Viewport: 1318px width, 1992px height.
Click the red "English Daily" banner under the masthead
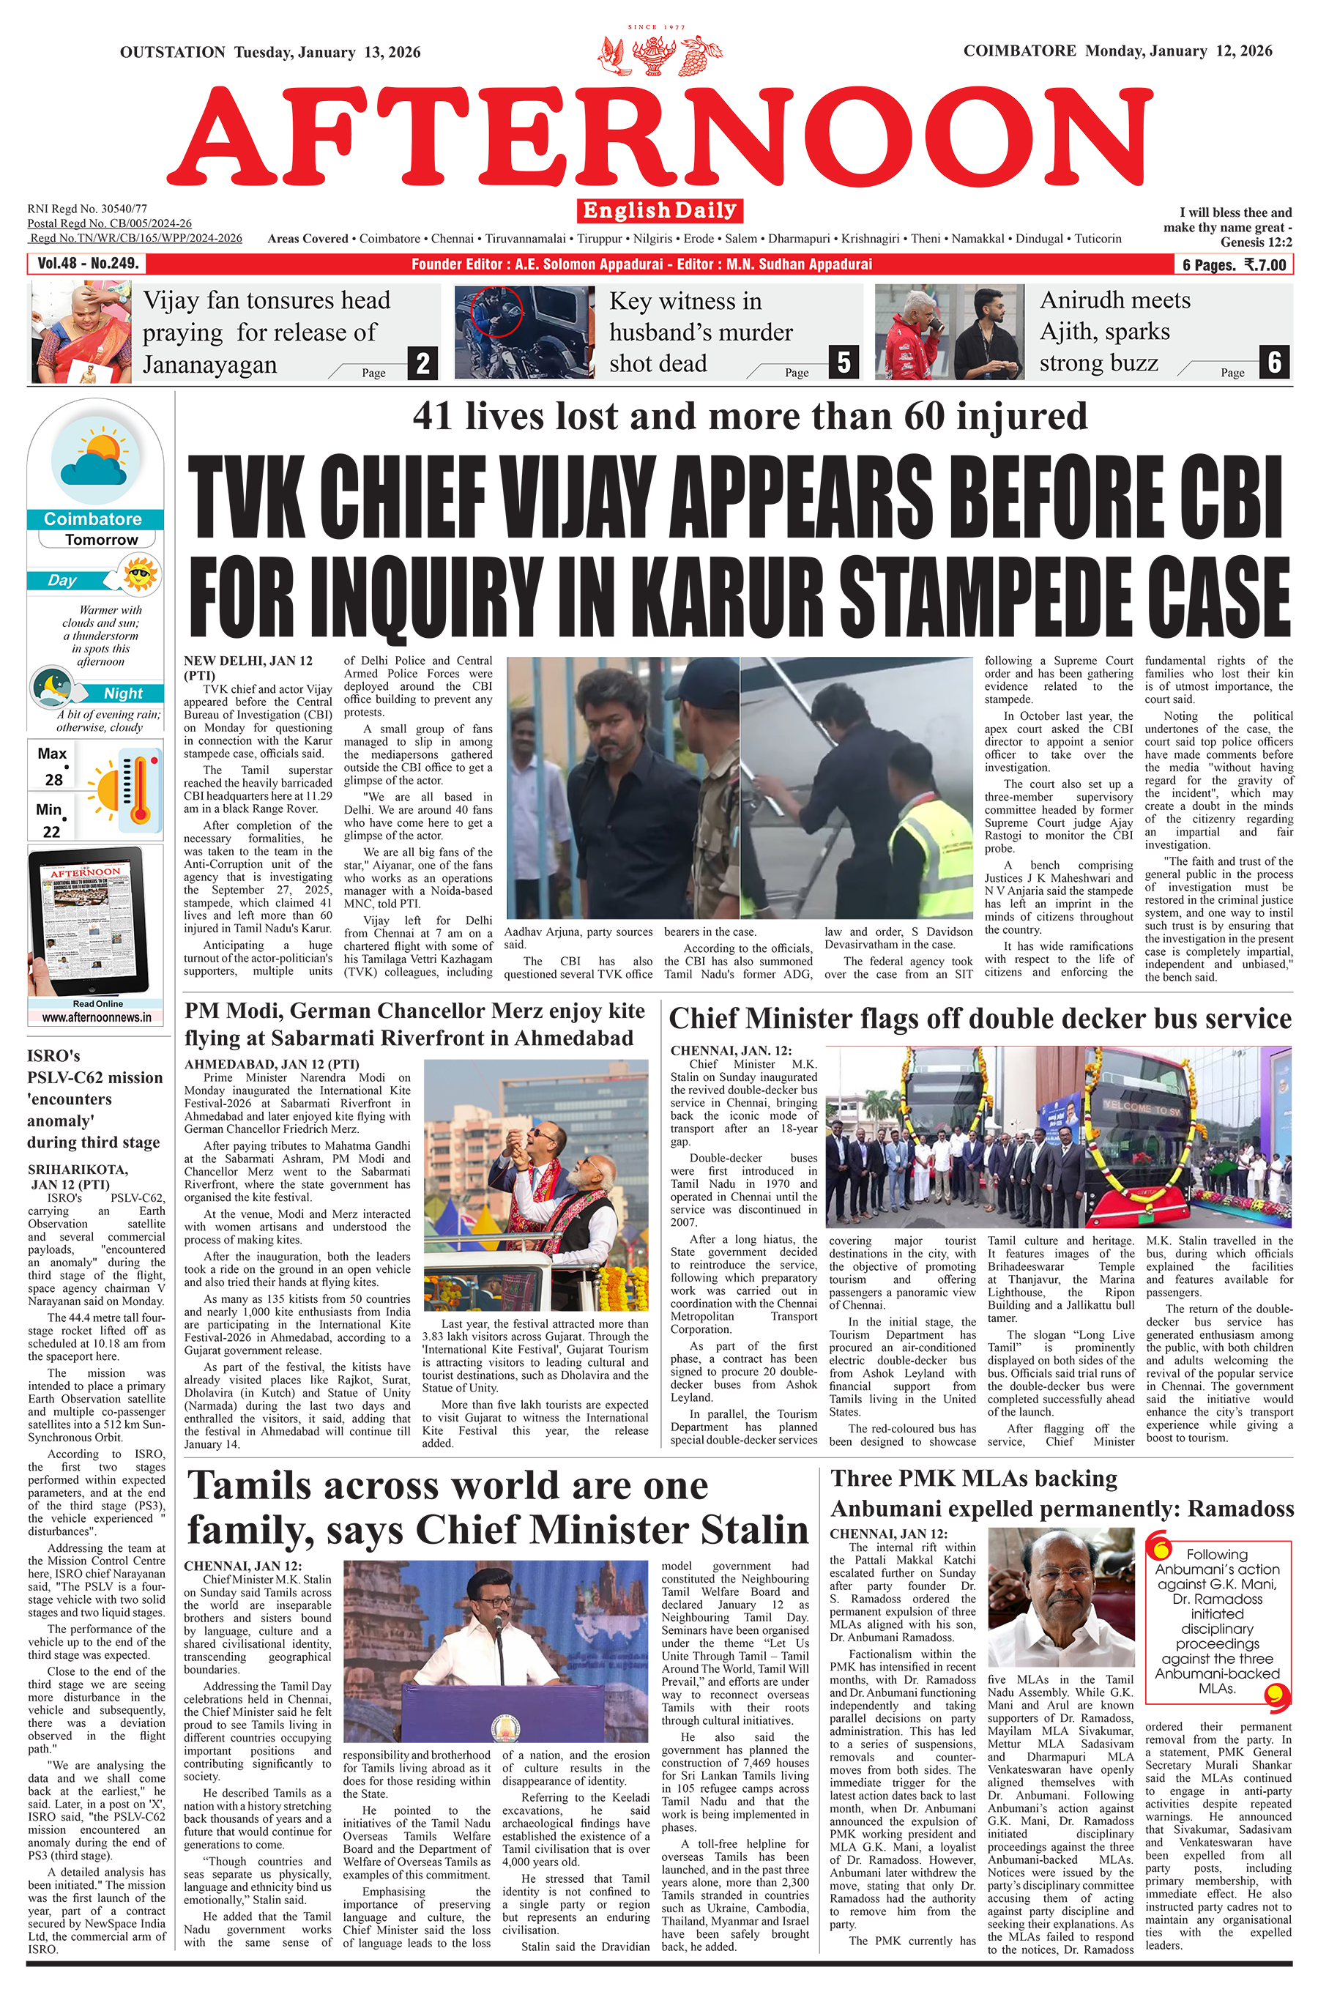[659, 210]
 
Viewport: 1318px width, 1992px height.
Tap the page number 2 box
[422, 363]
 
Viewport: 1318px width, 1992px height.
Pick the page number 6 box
[1274, 363]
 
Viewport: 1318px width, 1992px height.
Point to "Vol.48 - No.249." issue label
[87, 264]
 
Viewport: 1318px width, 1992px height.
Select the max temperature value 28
[53, 779]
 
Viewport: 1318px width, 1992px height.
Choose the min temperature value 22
[52, 831]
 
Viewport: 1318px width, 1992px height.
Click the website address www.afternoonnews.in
[97, 1017]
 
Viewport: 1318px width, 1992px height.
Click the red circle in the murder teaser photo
[496, 312]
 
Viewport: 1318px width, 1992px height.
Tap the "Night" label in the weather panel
[123, 694]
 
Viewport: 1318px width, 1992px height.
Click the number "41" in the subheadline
[433, 416]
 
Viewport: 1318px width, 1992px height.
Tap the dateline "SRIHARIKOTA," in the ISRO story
[78, 1169]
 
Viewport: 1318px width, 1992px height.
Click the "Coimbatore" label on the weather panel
[93, 519]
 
